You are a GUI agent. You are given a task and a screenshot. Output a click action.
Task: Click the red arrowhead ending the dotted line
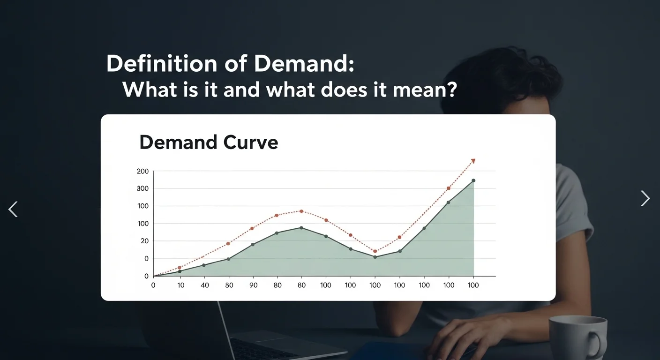pos(473,161)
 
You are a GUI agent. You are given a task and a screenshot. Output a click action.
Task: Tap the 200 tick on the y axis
pos(142,172)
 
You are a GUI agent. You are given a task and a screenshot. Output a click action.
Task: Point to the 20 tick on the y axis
pos(142,241)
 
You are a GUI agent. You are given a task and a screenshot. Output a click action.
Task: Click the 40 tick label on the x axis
pos(204,285)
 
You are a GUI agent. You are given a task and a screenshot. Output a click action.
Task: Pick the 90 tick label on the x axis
pos(253,285)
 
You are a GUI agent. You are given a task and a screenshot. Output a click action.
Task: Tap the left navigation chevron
pos(13,209)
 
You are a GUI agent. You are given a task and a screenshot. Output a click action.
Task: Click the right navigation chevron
pos(645,198)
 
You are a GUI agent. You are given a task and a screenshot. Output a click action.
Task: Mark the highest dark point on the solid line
pos(473,180)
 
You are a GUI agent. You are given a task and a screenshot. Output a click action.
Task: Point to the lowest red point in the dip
pos(375,251)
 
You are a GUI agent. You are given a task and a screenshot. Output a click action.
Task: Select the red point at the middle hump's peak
pos(301,211)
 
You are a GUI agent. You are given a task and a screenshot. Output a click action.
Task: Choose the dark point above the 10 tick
pos(180,271)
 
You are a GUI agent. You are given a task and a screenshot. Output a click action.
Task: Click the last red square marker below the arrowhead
pos(449,188)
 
